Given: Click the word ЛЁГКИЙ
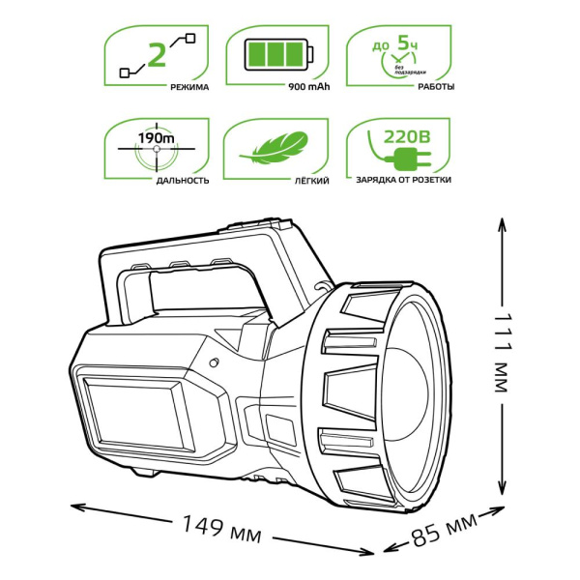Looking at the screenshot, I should [314, 181].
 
